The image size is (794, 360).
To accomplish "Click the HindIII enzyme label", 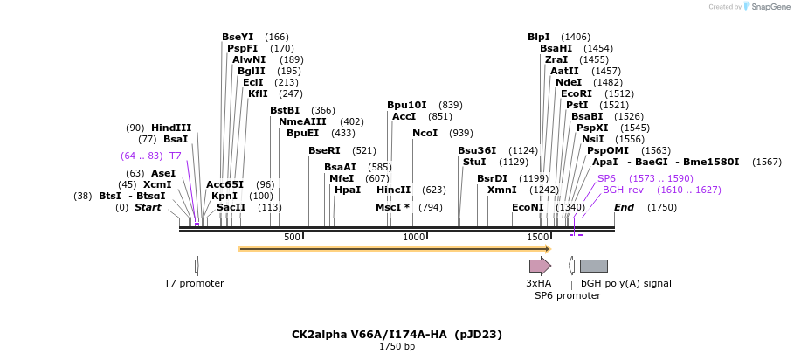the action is tap(171, 128).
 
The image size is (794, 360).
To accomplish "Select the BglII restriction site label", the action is tap(252, 71).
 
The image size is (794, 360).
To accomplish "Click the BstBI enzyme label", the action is tap(285, 110).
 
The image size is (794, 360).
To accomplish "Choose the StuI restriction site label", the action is tap(474, 162).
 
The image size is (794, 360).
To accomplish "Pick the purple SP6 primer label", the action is tap(606, 179).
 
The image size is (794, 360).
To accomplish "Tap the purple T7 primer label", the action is tap(176, 156).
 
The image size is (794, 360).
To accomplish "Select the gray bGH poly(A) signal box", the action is tap(593, 266).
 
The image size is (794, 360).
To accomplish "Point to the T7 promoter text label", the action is tap(194, 284).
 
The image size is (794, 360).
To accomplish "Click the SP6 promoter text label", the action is tap(568, 295).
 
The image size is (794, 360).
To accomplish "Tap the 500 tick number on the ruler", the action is tap(292, 237).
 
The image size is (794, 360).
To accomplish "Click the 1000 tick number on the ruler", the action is tap(414, 237).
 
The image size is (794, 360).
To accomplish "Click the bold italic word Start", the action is tap(148, 208).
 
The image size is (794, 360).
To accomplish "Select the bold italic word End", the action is tap(624, 208).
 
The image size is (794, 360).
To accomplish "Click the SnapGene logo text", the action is tap(768, 7).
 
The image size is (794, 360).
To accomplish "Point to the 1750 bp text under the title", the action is tap(397, 347).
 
